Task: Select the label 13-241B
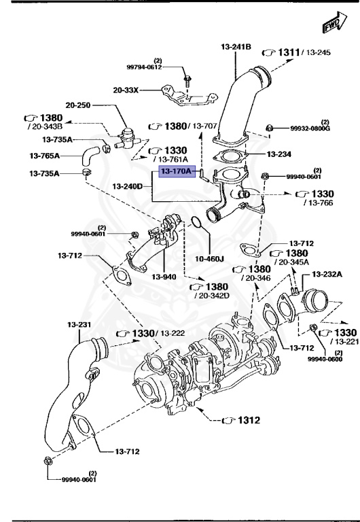click(x=236, y=46)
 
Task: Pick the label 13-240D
click(x=128, y=186)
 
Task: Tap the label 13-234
click(x=280, y=154)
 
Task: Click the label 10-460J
click(x=209, y=258)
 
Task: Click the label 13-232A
click(x=327, y=274)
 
